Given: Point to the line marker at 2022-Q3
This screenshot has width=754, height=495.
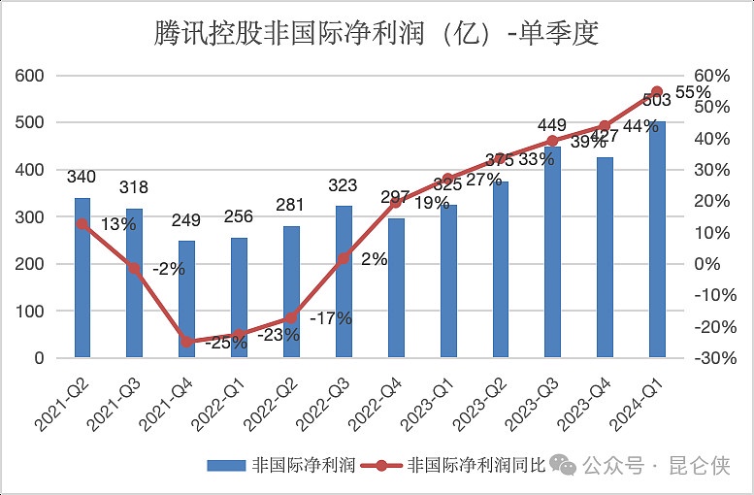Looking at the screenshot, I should pos(343,258).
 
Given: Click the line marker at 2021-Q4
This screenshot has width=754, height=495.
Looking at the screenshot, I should pos(186,342).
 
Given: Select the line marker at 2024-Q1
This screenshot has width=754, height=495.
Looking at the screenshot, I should pos(657,91).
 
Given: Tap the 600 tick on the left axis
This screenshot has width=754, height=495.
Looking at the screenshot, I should pos(32,76).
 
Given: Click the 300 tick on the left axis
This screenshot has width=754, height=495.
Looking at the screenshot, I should pos(32,216).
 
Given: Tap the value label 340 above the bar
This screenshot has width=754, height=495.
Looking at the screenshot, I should pos(82,177).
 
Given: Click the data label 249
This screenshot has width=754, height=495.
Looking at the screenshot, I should pos(186,220).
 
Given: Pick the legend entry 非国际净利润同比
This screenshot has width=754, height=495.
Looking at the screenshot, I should pos(476,465).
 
